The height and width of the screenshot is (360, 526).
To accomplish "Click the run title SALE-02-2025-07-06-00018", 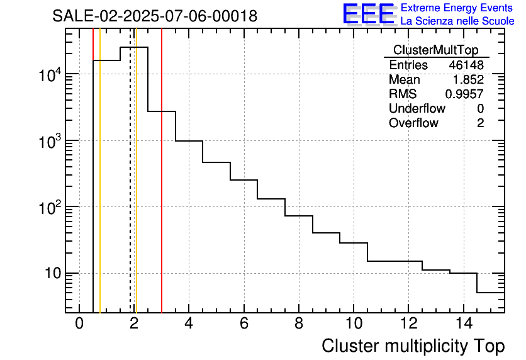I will (155, 16).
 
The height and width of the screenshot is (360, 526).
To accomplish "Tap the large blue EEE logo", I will (368, 14).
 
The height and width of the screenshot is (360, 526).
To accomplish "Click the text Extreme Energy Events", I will (457, 8).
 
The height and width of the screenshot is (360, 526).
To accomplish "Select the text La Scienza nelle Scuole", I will (457, 21).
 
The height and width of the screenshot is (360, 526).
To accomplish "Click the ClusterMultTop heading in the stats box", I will (435, 50).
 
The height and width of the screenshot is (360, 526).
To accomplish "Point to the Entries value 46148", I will (466, 65).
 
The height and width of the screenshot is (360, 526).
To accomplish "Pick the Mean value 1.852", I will (468, 80).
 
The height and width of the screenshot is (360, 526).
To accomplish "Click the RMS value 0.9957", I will (464, 94).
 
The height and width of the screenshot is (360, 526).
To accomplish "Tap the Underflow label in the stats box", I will (417, 109).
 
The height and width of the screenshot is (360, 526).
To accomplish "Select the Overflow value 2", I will (480, 123).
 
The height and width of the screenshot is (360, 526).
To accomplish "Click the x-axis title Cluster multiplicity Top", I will (413, 346).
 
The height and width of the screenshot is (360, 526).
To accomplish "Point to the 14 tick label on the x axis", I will (463, 324).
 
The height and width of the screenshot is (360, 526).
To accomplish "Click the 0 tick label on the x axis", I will (79, 324).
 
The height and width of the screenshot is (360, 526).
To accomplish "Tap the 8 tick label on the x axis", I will (298, 324).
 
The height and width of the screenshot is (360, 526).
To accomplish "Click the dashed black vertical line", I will (130, 189).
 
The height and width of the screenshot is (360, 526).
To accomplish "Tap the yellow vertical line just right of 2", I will (136, 189).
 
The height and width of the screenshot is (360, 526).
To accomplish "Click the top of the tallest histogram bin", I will (134, 47).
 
